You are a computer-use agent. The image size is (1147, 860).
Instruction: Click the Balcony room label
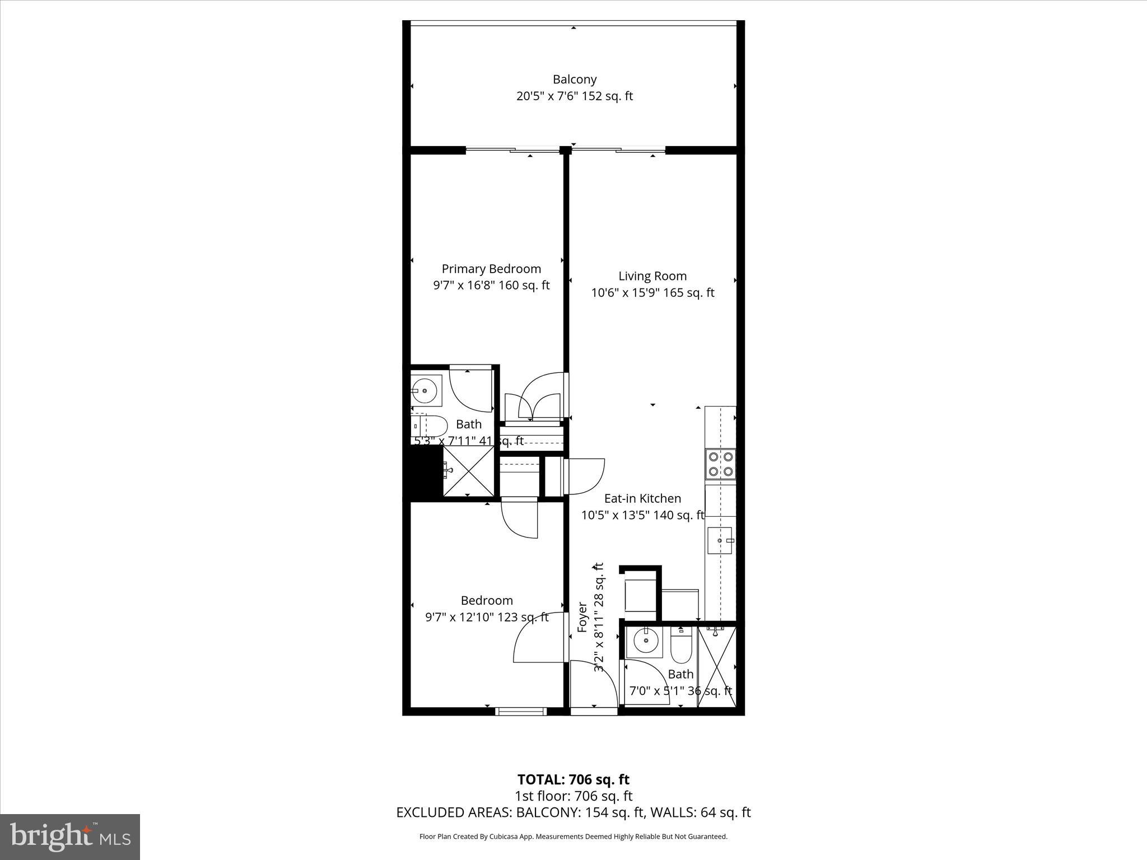click(x=575, y=80)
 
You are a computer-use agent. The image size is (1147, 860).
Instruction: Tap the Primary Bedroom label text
click(x=491, y=269)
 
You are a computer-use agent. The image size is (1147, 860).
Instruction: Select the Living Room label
click(x=652, y=276)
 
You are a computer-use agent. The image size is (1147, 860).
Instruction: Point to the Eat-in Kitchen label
click(x=642, y=498)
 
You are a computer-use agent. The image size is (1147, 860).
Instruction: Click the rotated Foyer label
click(x=582, y=617)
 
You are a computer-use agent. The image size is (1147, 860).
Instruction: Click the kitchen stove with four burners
click(x=720, y=464)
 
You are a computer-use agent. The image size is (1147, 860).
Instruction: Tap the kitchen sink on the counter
click(x=720, y=540)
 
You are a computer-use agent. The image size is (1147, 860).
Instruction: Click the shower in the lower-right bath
click(x=716, y=666)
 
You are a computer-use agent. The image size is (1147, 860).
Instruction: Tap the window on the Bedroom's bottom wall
click(x=521, y=712)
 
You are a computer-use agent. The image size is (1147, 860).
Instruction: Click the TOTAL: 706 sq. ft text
click(x=573, y=779)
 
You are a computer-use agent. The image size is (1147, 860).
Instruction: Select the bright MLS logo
click(x=70, y=838)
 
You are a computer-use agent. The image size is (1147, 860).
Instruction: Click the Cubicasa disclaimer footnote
click(x=573, y=836)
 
